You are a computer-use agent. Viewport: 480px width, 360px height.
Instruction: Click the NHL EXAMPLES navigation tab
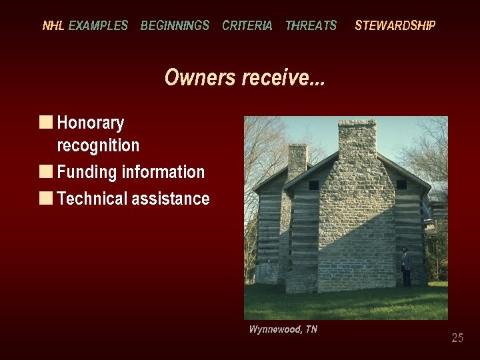click(85, 26)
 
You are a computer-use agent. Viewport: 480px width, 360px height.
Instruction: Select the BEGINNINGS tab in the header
click(175, 26)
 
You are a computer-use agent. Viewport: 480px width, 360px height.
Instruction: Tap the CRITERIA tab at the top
click(247, 26)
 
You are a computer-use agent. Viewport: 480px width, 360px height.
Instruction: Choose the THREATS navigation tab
click(311, 26)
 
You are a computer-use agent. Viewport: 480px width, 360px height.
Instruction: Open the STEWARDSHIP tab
click(395, 26)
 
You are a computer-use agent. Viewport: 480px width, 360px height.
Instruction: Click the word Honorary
click(91, 123)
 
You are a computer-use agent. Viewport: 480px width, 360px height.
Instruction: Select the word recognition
click(98, 145)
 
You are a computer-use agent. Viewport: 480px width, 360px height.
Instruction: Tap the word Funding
click(87, 172)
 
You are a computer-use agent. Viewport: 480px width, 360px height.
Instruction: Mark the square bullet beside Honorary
click(46, 122)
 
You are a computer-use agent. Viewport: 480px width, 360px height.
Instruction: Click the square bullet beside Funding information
click(46, 171)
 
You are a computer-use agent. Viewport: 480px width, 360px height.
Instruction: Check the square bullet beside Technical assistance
click(46, 198)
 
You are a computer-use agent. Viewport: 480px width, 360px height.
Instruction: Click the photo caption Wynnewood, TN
click(283, 329)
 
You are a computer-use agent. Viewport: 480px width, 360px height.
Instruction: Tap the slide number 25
click(457, 338)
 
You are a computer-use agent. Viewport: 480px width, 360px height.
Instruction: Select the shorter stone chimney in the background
click(297, 160)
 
